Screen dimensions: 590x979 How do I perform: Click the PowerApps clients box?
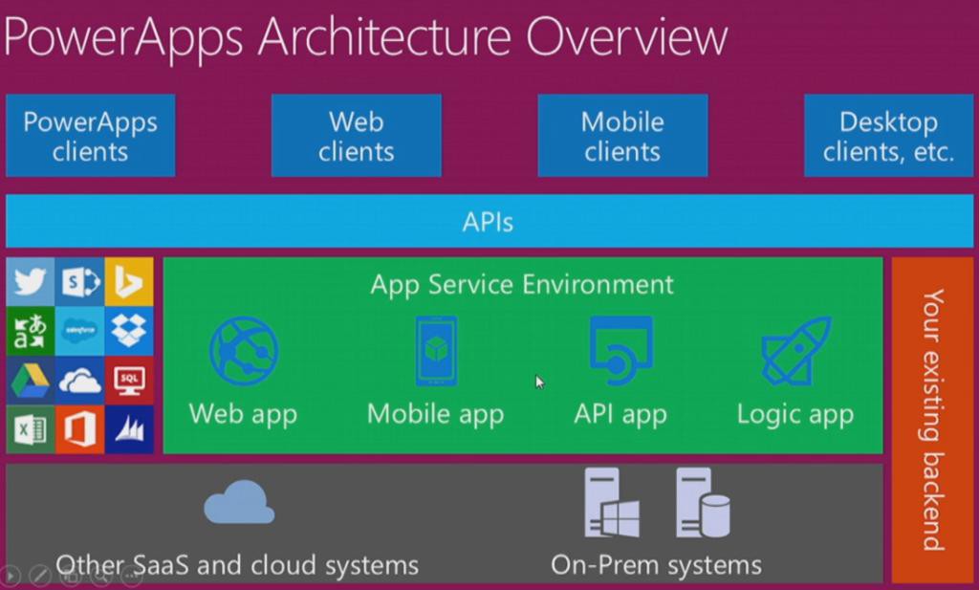(90, 136)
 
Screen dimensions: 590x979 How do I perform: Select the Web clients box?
(356, 136)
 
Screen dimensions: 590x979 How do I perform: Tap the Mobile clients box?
(622, 136)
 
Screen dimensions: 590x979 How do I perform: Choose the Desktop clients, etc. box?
(889, 136)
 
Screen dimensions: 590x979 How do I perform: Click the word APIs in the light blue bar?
(488, 222)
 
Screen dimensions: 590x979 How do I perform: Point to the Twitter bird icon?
(31, 281)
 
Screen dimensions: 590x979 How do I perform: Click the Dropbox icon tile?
(129, 331)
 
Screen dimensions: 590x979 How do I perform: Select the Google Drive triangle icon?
(31, 381)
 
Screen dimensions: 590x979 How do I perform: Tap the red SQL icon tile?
(129, 381)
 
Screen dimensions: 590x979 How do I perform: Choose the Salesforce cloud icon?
(79, 331)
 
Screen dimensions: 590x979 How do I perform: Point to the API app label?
(620, 414)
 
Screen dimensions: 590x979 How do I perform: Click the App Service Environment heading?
(522, 284)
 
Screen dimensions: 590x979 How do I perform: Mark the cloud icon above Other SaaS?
(238, 503)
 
